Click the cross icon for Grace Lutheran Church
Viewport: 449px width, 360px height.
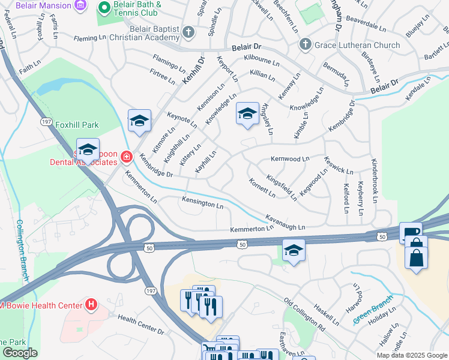point(305,45)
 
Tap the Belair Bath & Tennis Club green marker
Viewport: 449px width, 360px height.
point(103,8)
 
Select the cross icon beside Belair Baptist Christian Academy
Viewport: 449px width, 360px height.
point(188,32)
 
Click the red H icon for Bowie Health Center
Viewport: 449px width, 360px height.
point(91,305)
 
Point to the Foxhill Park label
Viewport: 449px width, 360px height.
point(77,125)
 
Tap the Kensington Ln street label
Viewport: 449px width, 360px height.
point(203,203)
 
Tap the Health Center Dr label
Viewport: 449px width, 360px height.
point(140,325)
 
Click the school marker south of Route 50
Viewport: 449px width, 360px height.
point(294,250)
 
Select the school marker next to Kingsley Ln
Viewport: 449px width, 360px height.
point(247,114)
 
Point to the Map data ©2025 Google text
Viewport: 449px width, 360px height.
point(411,355)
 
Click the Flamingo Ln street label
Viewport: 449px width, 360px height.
point(169,62)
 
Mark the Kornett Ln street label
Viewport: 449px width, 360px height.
point(262,187)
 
